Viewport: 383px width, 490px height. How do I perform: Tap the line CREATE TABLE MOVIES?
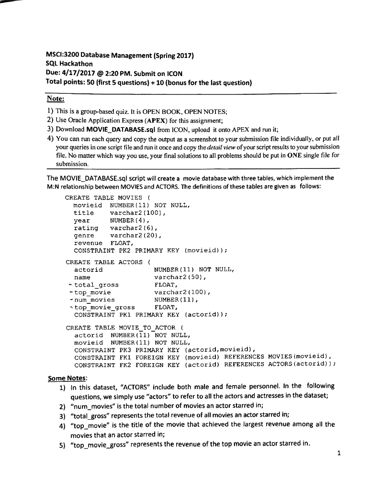pyautogui.click(x=108, y=198)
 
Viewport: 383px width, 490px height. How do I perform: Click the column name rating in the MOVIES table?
pyautogui.click(x=86, y=228)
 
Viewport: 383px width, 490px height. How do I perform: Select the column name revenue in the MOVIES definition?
pyautogui.click(x=88, y=243)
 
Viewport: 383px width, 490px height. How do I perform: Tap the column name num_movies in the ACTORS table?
pyautogui.click(x=94, y=300)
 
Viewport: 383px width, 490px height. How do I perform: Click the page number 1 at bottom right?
pyautogui.click(x=338, y=454)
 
